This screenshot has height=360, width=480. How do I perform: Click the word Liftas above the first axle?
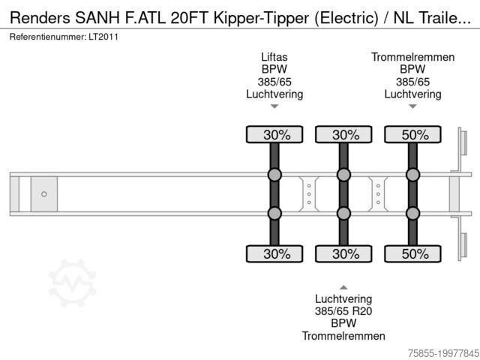(x=274, y=57)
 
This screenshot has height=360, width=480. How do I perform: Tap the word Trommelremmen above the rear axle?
(x=412, y=57)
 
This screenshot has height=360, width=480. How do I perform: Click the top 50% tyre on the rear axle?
(x=412, y=135)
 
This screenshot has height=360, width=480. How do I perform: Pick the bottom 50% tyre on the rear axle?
(x=412, y=253)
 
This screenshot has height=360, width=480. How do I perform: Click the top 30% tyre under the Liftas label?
(x=274, y=135)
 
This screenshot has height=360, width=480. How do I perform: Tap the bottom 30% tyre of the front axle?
(x=274, y=253)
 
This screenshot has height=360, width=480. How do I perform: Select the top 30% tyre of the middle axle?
(x=343, y=135)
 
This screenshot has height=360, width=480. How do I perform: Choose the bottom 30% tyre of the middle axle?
(x=343, y=253)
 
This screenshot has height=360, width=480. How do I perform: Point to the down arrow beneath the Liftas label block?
(x=274, y=106)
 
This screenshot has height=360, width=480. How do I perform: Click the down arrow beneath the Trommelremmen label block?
(x=412, y=106)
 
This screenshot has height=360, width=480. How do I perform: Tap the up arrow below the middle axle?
(x=343, y=287)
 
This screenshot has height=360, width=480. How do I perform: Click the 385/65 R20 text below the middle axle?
(x=343, y=311)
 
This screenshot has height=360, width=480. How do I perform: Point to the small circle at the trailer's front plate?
(x=43, y=194)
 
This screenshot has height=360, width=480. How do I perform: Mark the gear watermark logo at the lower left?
(x=73, y=283)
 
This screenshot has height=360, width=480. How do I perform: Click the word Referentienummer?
(x=46, y=36)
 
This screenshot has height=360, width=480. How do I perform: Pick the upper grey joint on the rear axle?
(x=412, y=175)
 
